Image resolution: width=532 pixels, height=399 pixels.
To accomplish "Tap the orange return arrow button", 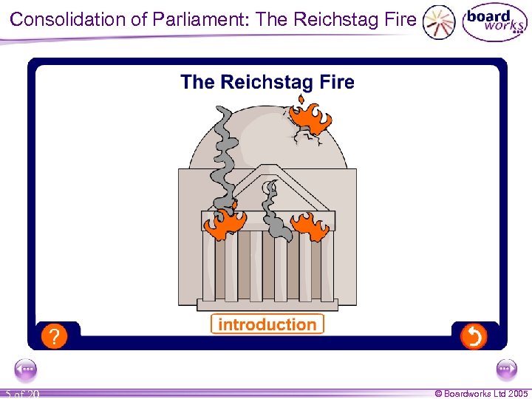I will pyautogui.click(x=473, y=336).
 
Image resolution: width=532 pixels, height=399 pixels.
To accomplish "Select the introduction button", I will pyautogui.click(x=267, y=324).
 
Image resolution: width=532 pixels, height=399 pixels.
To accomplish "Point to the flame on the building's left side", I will pyautogui.click(x=224, y=223).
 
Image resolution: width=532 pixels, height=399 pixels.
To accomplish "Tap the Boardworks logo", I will pyautogui.click(x=494, y=23).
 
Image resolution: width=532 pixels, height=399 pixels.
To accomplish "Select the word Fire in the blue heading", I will pyautogui.click(x=336, y=82).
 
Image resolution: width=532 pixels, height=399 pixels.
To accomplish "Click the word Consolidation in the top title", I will pyautogui.click(x=68, y=19).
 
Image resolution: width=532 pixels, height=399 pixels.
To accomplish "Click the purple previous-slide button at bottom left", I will pyautogui.click(x=27, y=369).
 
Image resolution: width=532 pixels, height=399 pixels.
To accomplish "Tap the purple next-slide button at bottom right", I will pyautogui.click(x=506, y=369).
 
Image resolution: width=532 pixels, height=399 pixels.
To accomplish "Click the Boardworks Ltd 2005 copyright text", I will pyautogui.click(x=481, y=393).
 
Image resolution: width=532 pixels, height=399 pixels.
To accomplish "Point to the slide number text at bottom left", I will pyautogui.click(x=22, y=394).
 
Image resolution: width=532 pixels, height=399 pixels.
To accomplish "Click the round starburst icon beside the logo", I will pyautogui.click(x=439, y=23).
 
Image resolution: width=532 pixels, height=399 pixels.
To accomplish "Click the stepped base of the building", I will pyautogui.click(x=267, y=304).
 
